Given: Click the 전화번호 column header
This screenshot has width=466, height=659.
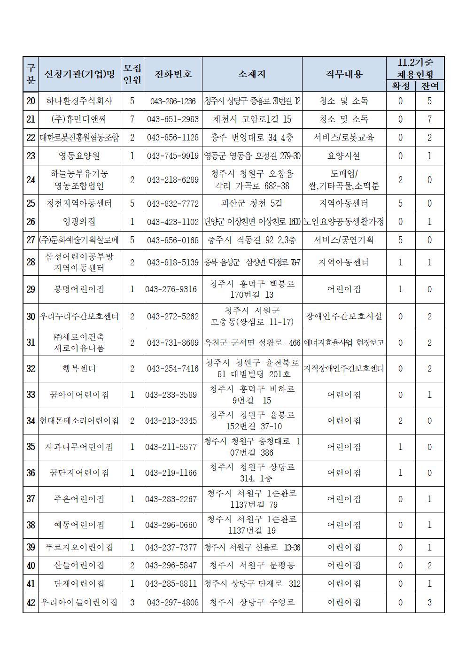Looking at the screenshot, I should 173,74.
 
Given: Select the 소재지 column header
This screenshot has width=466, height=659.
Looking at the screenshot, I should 252,74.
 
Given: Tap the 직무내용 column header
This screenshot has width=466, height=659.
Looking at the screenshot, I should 344,74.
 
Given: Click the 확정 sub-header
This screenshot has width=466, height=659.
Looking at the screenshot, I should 400,86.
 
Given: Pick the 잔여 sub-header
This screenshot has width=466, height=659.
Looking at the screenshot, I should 429,86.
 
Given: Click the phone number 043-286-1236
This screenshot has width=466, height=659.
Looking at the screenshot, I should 173,101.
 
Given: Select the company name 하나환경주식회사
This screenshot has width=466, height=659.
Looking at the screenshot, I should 79,101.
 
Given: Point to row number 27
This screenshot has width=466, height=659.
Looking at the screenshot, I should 31,240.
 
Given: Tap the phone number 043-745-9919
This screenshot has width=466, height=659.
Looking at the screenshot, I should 173,156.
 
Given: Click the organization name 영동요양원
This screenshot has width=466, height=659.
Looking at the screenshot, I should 79,156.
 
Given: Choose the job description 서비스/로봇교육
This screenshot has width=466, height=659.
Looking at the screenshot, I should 344,138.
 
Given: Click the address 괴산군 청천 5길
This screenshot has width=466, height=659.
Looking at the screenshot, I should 252,203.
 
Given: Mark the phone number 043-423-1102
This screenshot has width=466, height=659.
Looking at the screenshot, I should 173,222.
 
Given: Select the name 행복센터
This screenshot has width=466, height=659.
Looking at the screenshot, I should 79,369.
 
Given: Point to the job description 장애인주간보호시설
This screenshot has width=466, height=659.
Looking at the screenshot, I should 344,317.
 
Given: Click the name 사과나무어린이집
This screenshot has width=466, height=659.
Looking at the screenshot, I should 79,447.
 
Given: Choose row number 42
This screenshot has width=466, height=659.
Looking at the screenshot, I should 31,602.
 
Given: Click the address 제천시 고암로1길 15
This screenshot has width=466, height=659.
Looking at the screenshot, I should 252,119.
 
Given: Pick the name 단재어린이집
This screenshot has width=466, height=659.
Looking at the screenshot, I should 79,584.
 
